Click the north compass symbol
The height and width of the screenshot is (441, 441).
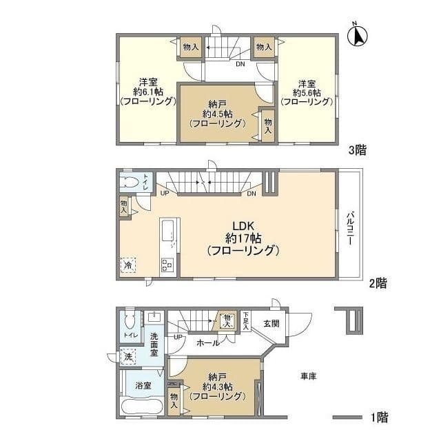(358, 35)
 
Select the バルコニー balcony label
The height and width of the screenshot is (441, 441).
(350, 228)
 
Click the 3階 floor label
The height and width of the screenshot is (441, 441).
(358, 150)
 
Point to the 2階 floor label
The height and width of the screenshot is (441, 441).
(378, 283)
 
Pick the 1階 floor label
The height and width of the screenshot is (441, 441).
(379, 417)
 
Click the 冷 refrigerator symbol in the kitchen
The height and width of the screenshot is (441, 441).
(128, 265)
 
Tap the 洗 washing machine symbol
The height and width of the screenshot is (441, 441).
(128, 357)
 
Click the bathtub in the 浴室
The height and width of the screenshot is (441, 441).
(142, 407)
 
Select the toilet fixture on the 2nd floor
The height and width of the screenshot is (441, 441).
(130, 182)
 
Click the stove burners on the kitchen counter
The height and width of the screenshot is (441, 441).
(167, 265)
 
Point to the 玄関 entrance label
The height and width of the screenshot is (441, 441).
(271, 323)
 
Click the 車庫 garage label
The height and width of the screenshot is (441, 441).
(309, 376)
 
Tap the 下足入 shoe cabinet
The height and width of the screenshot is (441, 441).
(246, 321)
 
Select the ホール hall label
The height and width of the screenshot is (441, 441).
(208, 343)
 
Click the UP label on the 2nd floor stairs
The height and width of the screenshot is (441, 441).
(165, 193)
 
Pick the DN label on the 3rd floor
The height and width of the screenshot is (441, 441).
(240, 64)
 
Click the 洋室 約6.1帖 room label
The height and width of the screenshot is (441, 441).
(148, 92)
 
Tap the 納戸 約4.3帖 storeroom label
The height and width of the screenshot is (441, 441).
(218, 387)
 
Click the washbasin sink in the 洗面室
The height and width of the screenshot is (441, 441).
(154, 317)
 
